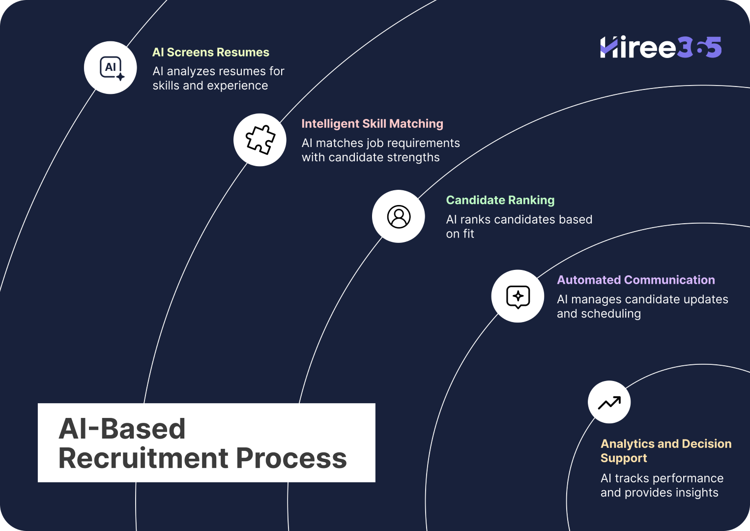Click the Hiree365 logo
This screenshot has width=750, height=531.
click(661, 47)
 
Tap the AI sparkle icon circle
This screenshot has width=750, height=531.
click(111, 67)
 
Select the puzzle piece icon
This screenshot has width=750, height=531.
click(260, 140)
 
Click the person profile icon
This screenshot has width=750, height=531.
click(399, 216)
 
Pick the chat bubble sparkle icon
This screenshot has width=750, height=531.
click(518, 296)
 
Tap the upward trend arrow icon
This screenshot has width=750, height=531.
click(609, 403)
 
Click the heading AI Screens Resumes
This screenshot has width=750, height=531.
click(211, 52)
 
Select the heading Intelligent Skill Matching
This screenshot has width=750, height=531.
click(372, 124)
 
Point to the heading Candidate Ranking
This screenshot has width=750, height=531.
click(500, 200)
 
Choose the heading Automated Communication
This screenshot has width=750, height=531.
click(635, 280)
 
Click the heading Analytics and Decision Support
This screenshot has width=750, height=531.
click(665, 450)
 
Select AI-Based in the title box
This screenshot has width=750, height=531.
click(122, 428)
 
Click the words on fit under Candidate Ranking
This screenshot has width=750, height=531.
click(460, 234)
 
